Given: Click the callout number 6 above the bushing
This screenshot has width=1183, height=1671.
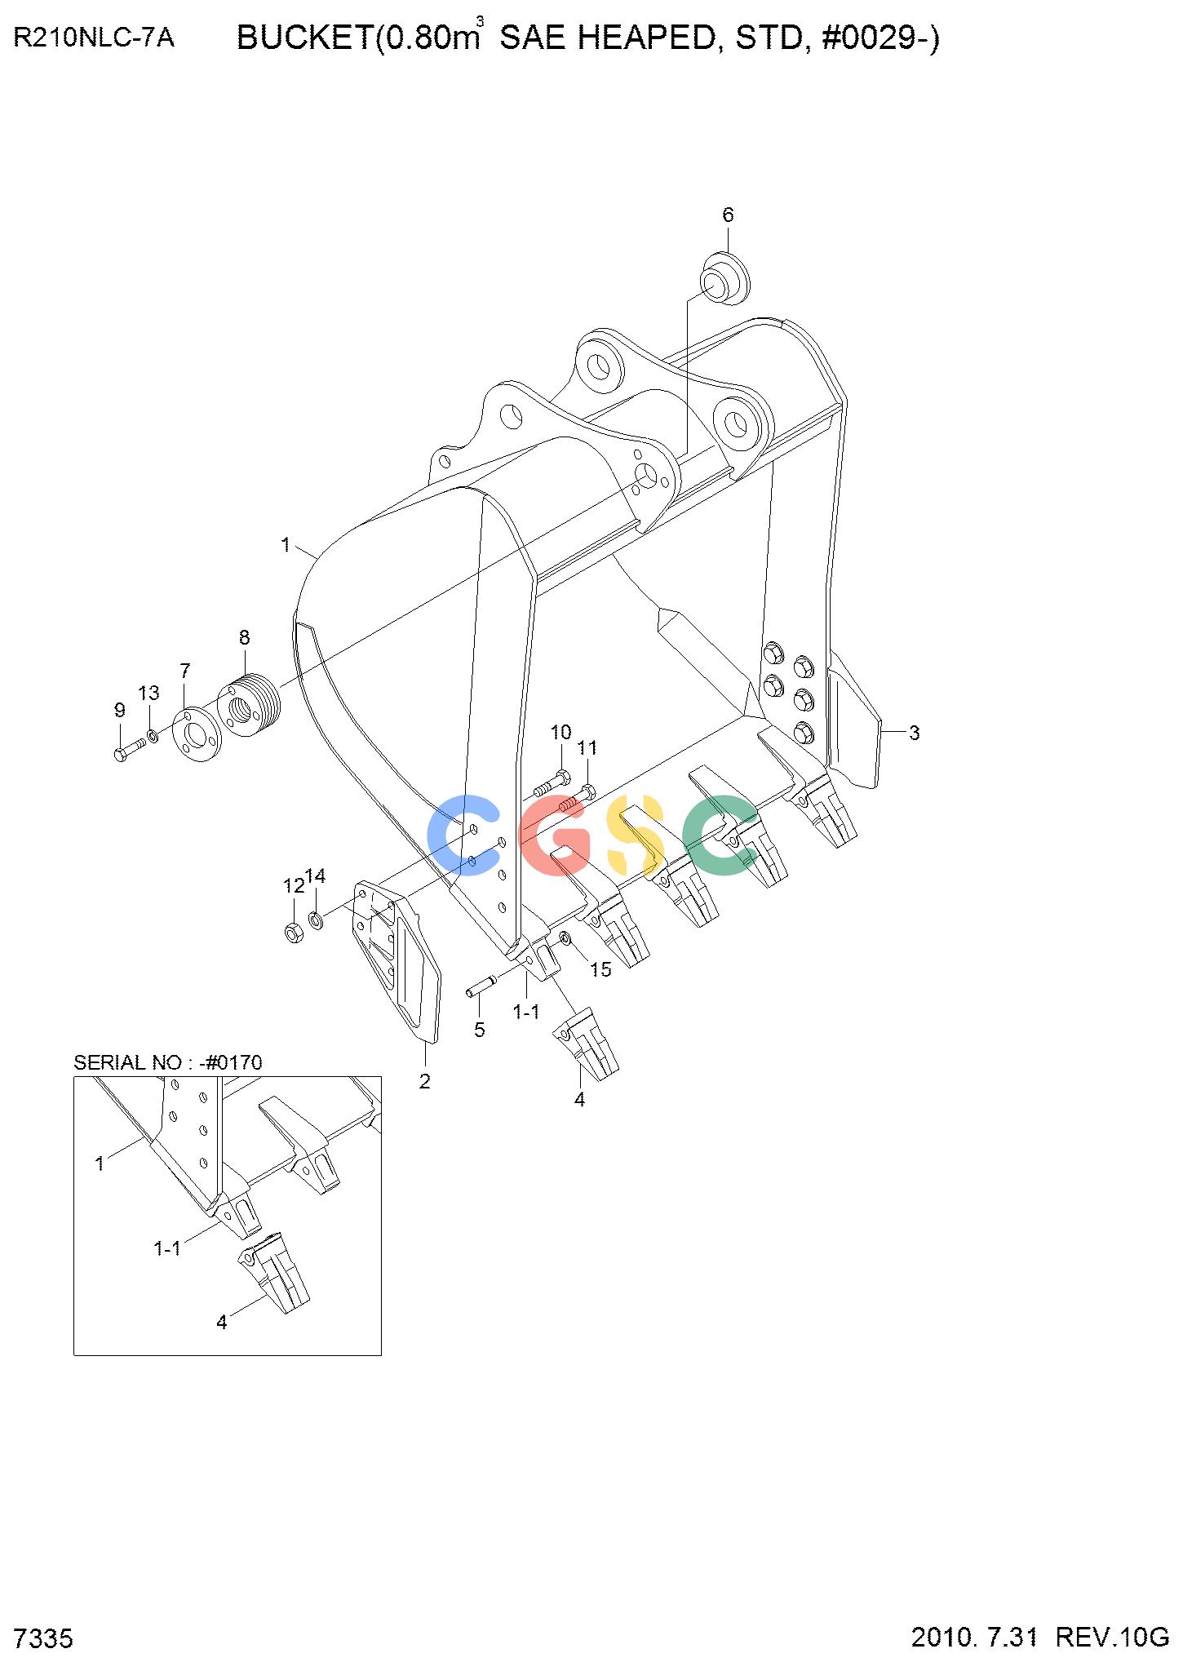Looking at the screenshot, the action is tap(728, 215).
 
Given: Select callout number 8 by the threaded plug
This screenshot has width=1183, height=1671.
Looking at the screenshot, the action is tap(244, 637).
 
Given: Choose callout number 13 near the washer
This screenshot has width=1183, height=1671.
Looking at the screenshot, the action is tap(148, 694).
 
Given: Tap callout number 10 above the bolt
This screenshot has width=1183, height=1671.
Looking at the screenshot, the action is tap(560, 732).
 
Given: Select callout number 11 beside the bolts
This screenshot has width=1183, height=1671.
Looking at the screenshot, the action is tap(587, 748).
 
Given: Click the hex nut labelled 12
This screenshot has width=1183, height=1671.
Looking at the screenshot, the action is tap(295, 931).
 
